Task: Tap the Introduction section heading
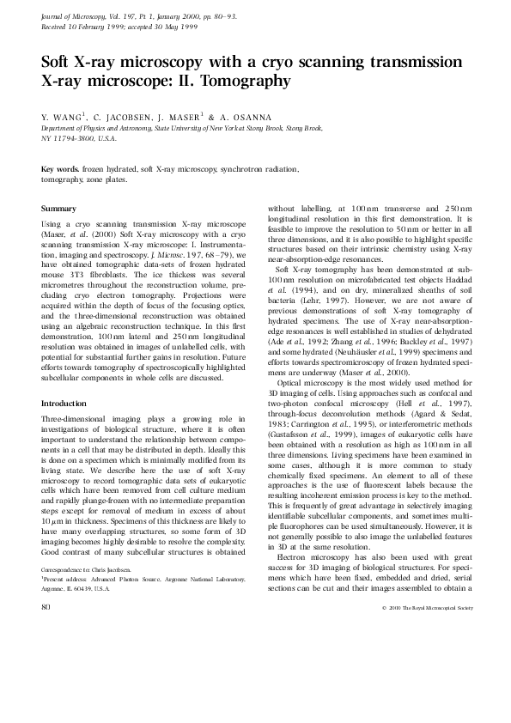(x=67, y=403)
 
